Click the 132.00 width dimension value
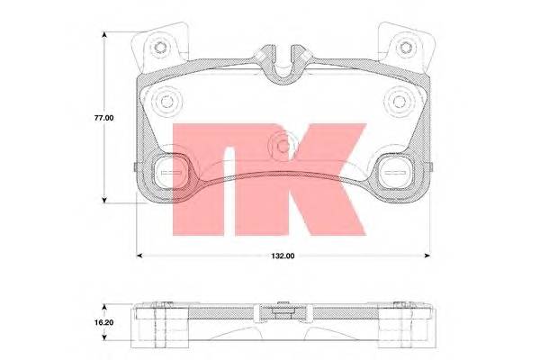tap(284, 256)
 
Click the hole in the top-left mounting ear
tap(162, 48)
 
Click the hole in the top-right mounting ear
tap(402, 48)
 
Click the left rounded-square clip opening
tap(170, 171)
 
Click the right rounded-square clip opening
tap(394, 171)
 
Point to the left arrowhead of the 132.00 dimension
tap(138, 256)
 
